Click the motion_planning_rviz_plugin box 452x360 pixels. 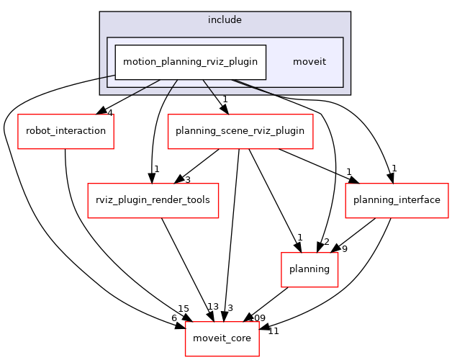point(191,61)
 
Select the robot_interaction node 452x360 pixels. point(65,131)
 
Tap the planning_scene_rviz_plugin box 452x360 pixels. point(240,131)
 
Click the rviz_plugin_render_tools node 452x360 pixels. point(153,198)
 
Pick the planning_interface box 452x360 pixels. point(392,198)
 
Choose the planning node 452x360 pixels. point(309,269)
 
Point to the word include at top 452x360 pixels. point(225,20)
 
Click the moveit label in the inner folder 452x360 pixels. point(309,61)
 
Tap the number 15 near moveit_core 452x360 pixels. point(184,309)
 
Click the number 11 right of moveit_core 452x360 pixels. point(274,331)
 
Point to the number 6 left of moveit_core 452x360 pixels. point(173,318)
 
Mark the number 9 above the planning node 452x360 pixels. point(345,250)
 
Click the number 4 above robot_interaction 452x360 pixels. point(109,112)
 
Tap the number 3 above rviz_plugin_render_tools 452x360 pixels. point(187,179)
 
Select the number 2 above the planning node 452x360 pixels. point(326,242)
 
